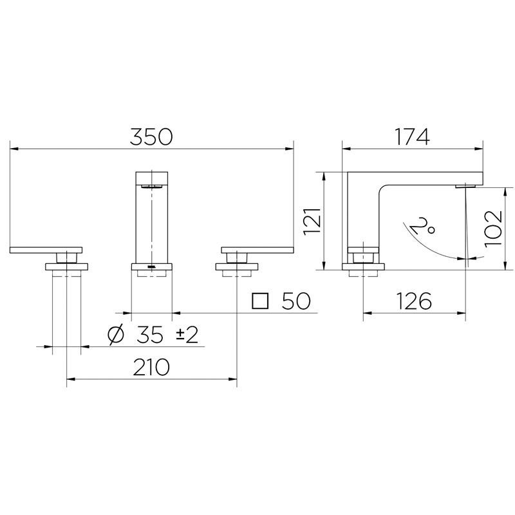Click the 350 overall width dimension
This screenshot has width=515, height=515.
[x=152, y=136]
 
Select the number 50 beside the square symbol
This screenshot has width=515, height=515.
[x=295, y=301]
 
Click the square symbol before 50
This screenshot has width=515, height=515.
[x=260, y=301]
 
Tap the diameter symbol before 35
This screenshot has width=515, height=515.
[x=117, y=335]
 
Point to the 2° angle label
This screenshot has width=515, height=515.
[x=420, y=226]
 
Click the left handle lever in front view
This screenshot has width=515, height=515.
[x=46, y=249]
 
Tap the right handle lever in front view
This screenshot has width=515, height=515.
[x=257, y=249]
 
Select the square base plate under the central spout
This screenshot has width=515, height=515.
[x=152, y=266]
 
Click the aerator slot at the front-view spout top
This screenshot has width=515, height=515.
[x=152, y=185]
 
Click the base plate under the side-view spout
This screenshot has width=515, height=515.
[x=364, y=266]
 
